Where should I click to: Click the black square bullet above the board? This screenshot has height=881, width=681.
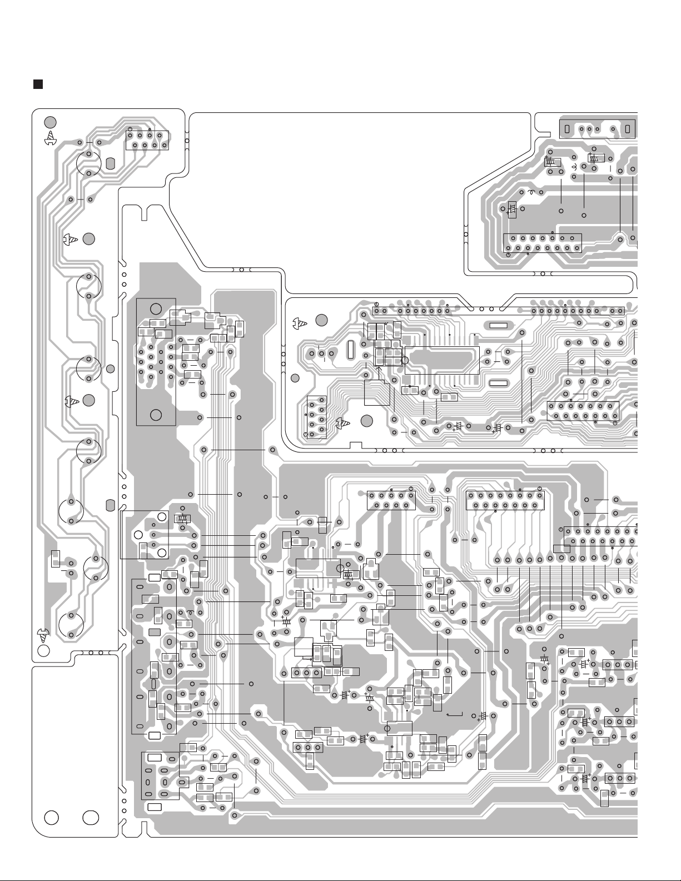click(x=38, y=84)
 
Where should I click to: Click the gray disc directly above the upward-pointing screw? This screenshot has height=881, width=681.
click(x=50, y=122)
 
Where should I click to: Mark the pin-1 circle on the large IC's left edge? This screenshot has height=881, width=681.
click(x=405, y=361)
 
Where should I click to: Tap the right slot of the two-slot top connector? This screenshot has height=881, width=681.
click(x=627, y=130)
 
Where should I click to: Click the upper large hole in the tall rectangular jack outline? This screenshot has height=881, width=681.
click(x=156, y=309)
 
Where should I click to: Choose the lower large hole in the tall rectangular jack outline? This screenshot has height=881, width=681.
click(x=156, y=415)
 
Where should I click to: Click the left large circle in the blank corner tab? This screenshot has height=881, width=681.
click(x=52, y=818)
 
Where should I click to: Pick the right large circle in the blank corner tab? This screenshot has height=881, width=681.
click(x=90, y=818)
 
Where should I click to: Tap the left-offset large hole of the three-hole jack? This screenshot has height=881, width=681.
click(x=138, y=535)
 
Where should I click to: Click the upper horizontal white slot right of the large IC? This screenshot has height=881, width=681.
click(x=498, y=326)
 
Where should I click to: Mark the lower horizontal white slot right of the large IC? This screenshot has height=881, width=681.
click(x=498, y=383)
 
